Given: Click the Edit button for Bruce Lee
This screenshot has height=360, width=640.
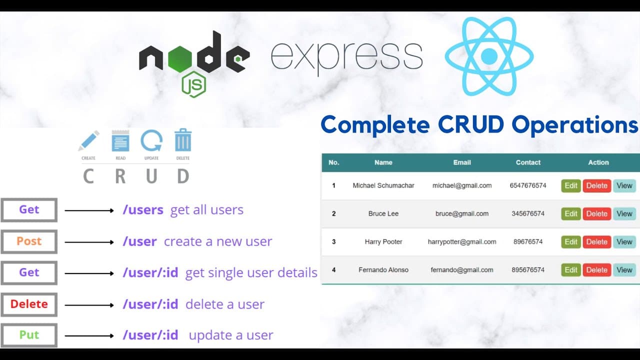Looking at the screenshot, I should (570, 213).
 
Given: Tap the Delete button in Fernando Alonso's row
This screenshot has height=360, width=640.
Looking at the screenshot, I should (596, 270).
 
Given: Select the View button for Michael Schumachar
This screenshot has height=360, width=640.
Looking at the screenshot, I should (624, 185).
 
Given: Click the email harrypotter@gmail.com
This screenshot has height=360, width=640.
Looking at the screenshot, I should (462, 242).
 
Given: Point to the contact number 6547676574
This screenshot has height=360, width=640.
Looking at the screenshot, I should (528, 185).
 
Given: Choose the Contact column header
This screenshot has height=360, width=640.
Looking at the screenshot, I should (528, 162).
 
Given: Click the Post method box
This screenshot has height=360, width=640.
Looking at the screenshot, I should (29, 241).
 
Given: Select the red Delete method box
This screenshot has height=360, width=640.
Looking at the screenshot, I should (29, 304).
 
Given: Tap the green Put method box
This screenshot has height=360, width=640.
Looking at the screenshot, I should (29, 335).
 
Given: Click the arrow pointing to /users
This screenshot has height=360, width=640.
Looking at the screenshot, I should (89, 210).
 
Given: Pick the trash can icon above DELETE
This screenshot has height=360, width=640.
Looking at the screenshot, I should (182, 140).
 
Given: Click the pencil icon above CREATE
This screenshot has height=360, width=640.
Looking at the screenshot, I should (88, 141).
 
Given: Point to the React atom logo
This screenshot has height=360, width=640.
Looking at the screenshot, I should (489, 56).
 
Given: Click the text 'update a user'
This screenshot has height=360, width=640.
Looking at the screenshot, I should (231, 335).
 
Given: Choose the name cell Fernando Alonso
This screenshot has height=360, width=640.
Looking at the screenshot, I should (383, 270).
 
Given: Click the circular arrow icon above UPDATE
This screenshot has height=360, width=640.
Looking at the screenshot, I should (151, 141).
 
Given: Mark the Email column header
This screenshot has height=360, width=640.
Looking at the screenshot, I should (462, 162).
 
